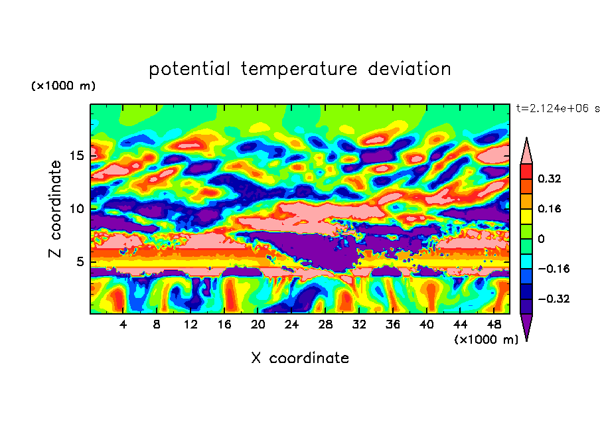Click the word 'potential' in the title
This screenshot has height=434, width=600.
click(x=189, y=69)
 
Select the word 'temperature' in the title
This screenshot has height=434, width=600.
click(x=299, y=69)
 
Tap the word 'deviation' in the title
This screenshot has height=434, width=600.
click(x=410, y=68)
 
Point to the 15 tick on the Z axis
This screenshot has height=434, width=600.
click(x=77, y=156)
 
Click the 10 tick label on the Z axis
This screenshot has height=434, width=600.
click(x=77, y=209)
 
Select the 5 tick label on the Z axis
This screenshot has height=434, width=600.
click(x=81, y=261)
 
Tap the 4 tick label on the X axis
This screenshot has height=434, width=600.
click(x=123, y=325)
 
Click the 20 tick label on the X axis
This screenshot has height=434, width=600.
click(x=258, y=325)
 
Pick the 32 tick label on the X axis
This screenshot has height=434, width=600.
click(x=359, y=325)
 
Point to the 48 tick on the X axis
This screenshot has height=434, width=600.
click(x=494, y=325)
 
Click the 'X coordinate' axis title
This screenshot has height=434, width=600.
click(x=300, y=358)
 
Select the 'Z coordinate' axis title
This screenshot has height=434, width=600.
click(x=54, y=209)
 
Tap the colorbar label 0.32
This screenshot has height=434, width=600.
click(x=549, y=179)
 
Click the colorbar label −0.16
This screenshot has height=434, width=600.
click(x=554, y=269)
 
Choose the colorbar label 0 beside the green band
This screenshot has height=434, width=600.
click(x=541, y=239)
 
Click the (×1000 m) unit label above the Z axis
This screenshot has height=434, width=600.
click(x=63, y=86)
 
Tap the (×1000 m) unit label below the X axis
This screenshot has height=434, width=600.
click(x=486, y=340)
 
